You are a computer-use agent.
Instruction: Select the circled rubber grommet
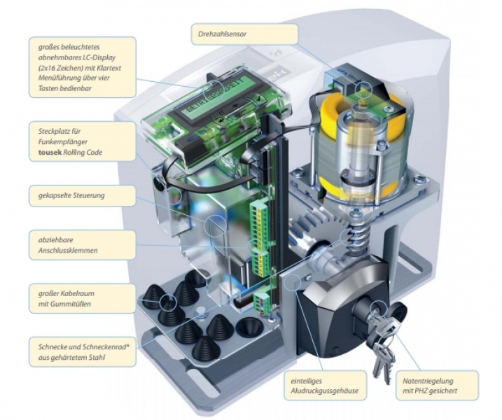click(x=169, y=302)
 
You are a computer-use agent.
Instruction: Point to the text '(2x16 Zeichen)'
click(x=57, y=70)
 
